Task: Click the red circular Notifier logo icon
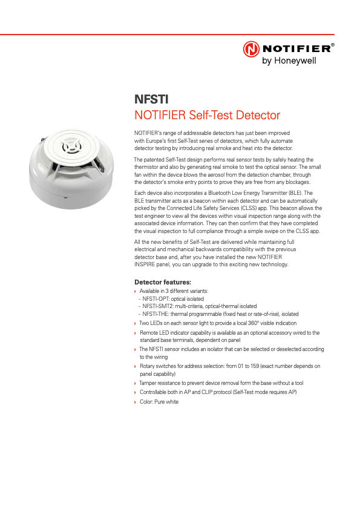[x=251, y=49]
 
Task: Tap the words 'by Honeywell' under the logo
[x=289, y=61]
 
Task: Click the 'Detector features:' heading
[x=162, y=282]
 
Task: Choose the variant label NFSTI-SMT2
[x=159, y=306]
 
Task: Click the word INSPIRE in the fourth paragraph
[x=146, y=264]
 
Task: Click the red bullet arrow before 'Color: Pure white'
[x=135, y=402]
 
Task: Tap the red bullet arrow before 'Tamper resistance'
[x=135, y=383]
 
